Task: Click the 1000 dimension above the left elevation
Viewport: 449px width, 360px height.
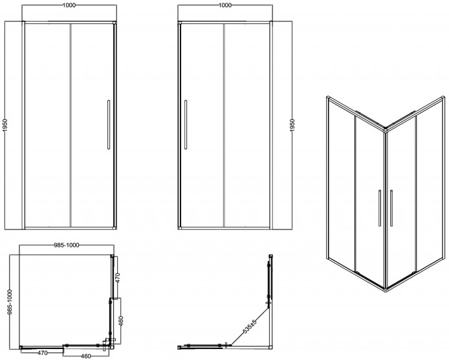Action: tap(69, 5)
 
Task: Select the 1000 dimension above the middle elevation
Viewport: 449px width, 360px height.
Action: tap(224, 5)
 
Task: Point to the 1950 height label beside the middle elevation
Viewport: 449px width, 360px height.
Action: tap(292, 125)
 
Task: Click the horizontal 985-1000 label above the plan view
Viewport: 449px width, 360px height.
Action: tap(67, 245)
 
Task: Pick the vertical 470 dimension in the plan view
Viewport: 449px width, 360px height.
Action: tap(118, 277)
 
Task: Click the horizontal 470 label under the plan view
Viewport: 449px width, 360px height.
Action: tap(43, 353)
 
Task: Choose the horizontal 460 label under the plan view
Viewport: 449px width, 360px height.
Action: tap(85, 356)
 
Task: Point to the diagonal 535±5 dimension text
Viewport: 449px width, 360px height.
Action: tap(250, 326)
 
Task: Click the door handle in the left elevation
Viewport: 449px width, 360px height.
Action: tap(109, 125)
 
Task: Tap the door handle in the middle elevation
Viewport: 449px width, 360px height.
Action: tap(186, 125)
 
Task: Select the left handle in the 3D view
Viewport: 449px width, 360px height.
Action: tap(380, 208)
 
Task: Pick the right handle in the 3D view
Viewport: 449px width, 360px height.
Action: tap(391, 208)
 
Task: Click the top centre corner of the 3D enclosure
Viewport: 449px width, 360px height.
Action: tap(386, 130)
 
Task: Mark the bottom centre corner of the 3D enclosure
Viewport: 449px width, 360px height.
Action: tap(386, 290)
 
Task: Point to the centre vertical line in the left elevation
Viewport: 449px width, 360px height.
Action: tap(70, 125)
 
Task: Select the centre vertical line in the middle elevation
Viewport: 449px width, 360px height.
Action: tap(224, 125)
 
